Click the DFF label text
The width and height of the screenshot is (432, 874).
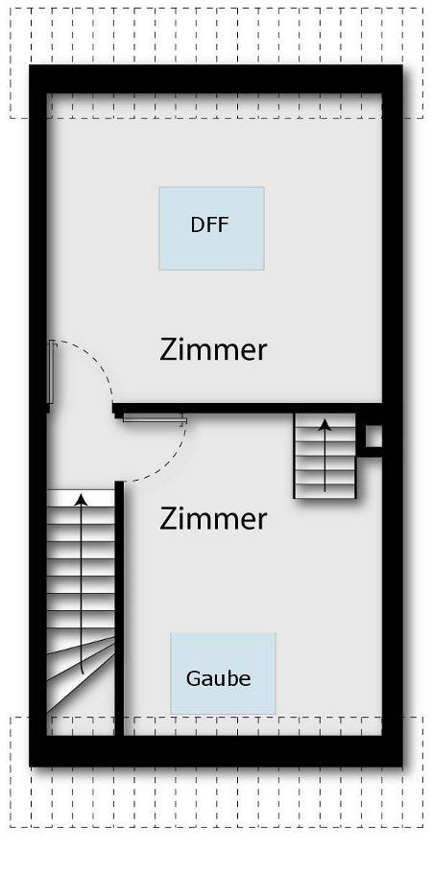(210, 225)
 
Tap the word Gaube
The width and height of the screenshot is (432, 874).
(219, 678)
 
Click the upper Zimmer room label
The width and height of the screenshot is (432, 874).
(213, 350)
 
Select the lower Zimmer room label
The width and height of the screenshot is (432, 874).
(213, 519)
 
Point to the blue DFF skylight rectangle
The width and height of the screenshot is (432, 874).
(212, 228)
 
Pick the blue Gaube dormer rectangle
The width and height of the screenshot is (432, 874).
(223, 673)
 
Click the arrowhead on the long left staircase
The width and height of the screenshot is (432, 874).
(82, 500)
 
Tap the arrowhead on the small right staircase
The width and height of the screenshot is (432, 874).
(325, 425)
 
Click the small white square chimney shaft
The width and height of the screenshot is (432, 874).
(373, 437)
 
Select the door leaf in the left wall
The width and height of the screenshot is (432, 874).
(51, 372)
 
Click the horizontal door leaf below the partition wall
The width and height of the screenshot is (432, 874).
(155, 418)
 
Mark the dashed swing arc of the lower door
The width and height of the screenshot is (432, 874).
(167, 462)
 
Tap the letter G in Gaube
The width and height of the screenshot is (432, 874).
(194, 678)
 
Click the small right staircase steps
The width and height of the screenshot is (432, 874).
(325, 456)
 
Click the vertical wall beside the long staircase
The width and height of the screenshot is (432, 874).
(119, 608)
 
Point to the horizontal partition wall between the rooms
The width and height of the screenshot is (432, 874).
(248, 408)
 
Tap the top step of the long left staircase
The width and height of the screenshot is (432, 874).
(81, 498)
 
